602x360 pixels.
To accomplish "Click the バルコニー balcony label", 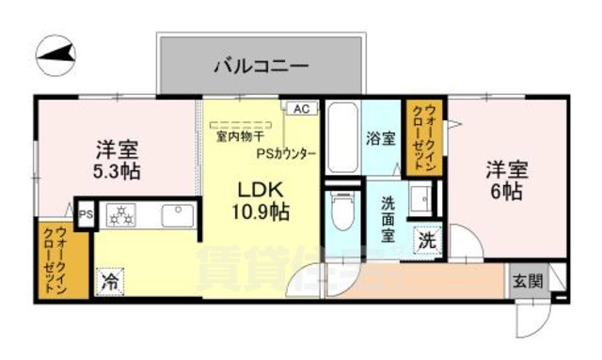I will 261,66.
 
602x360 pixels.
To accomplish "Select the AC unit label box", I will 300,109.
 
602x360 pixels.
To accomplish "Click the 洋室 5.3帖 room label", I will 118,160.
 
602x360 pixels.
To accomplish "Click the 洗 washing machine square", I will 428,241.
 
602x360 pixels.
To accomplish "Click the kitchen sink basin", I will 176,216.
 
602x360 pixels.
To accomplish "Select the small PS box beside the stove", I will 85,213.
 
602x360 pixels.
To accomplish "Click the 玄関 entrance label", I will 527,279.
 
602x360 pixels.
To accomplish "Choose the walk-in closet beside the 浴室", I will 419,136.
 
